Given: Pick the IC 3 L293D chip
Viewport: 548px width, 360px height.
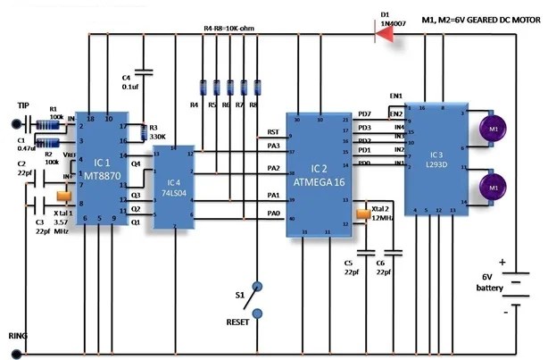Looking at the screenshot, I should [x=435, y=156].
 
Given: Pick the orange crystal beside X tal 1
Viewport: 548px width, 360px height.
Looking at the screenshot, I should [x=63, y=197].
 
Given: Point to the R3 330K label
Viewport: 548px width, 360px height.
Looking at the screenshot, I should [x=159, y=132].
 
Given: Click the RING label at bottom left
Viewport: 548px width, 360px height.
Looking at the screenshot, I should [x=19, y=338].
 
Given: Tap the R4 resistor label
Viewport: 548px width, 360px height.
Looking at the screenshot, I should [x=194, y=105].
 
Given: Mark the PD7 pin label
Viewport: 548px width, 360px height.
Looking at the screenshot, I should [x=364, y=114].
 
